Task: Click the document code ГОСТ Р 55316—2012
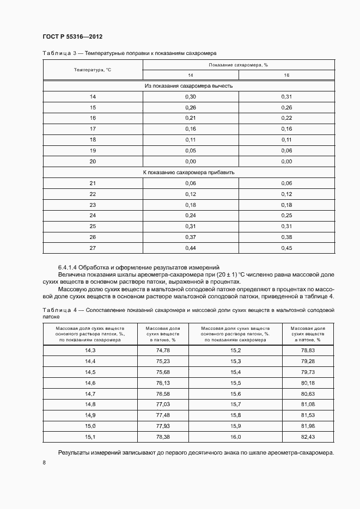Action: click(72, 36)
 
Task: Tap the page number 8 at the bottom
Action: click(44, 462)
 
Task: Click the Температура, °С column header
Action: click(93, 70)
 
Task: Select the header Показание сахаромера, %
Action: click(238, 65)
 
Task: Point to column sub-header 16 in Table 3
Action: click(286, 75)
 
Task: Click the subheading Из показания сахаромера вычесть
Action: click(188, 85)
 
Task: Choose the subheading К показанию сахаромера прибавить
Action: click(188, 172)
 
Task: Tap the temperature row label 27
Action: click(93, 248)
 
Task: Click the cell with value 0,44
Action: click(190, 248)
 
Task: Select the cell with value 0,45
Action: click(286, 248)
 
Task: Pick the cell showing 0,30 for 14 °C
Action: click(190, 96)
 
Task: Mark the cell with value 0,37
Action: click(190, 237)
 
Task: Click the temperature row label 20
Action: click(93, 161)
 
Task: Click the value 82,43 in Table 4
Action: click(308, 437)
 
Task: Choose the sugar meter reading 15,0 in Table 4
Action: click(90, 426)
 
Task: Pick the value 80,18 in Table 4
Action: click(308, 383)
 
